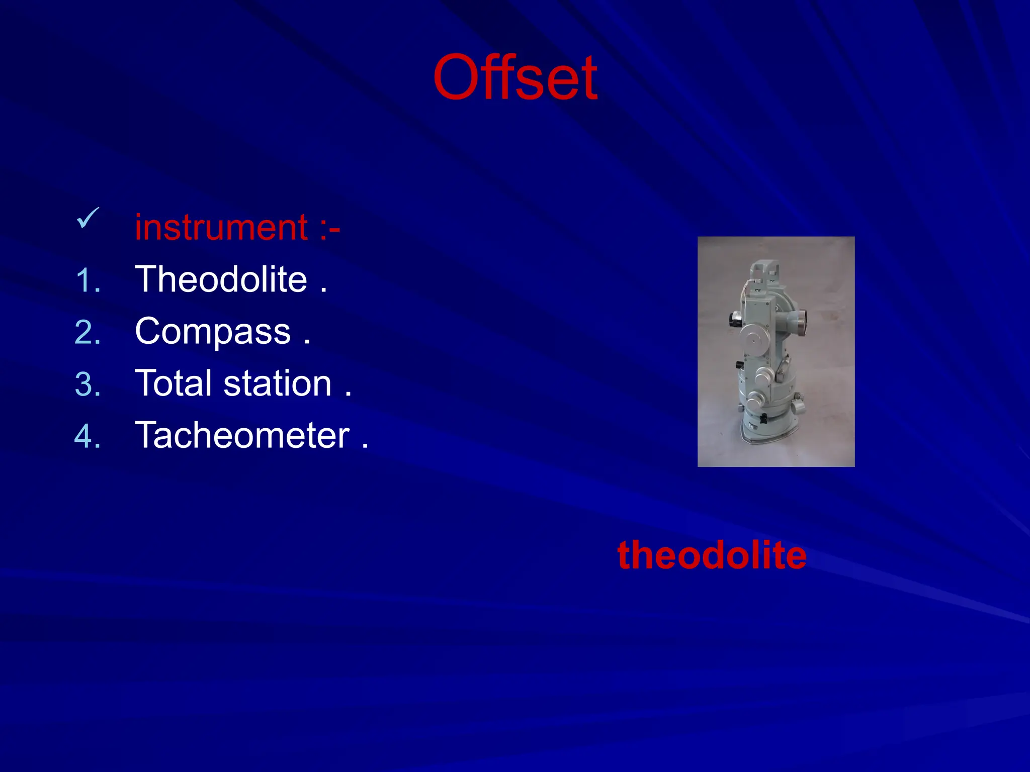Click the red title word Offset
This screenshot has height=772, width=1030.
coord(515,78)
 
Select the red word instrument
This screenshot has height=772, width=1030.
coord(221,228)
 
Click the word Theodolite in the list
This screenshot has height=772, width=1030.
coord(221,279)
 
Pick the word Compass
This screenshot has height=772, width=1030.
coord(213,332)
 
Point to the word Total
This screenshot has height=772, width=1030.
coord(174,383)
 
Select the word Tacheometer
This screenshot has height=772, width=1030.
coord(242,435)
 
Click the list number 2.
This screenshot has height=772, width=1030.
coord(88,333)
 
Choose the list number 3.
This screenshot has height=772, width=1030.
coord(88,385)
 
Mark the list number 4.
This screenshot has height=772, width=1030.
coord(88,436)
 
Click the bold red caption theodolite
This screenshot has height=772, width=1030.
coord(712,555)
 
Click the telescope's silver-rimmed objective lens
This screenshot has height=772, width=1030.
coord(800,322)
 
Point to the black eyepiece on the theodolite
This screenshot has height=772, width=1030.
coord(733,319)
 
